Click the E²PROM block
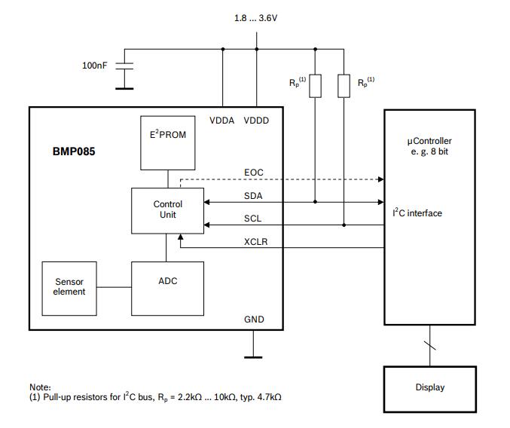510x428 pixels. (167, 142)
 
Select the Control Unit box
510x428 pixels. (167, 210)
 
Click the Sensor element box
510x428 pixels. (69, 288)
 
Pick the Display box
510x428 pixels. (429, 388)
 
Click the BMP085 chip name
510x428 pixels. (74, 151)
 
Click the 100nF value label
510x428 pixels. (94, 66)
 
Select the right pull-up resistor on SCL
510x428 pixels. (344, 86)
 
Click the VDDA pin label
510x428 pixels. (222, 121)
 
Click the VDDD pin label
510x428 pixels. (256, 121)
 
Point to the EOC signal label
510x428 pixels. (254, 173)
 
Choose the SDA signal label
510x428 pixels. (254, 195)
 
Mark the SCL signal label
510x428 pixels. (254, 219)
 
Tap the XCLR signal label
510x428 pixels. (255, 242)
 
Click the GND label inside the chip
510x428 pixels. (254, 319)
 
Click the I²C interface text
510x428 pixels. (417, 213)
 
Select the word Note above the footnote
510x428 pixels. (40, 387)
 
